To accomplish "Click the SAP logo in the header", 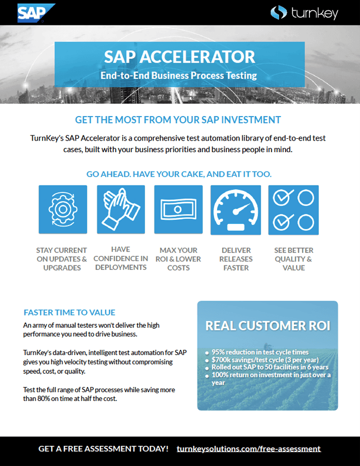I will [36, 12].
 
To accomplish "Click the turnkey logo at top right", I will [304, 13].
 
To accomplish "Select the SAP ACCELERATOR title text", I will [179, 57].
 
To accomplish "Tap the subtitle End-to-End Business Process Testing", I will [179, 75].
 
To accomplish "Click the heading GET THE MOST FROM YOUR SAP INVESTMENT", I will [178, 120].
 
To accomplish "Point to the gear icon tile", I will [63, 209].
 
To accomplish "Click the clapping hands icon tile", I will [121, 209].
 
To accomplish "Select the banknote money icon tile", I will [178, 209].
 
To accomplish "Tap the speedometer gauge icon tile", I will [236, 209].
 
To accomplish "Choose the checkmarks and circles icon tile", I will [293, 209].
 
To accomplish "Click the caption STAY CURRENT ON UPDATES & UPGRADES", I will [62, 259].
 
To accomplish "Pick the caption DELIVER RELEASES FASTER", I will [236, 259].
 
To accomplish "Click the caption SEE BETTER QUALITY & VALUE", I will [293, 259].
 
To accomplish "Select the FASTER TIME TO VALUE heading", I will [69, 312].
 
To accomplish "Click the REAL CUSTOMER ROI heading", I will [267, 326].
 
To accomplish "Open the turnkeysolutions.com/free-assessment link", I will [248, 449].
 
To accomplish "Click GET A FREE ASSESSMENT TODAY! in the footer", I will [103, 449].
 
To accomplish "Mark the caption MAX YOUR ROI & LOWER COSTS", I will [178, 259].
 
